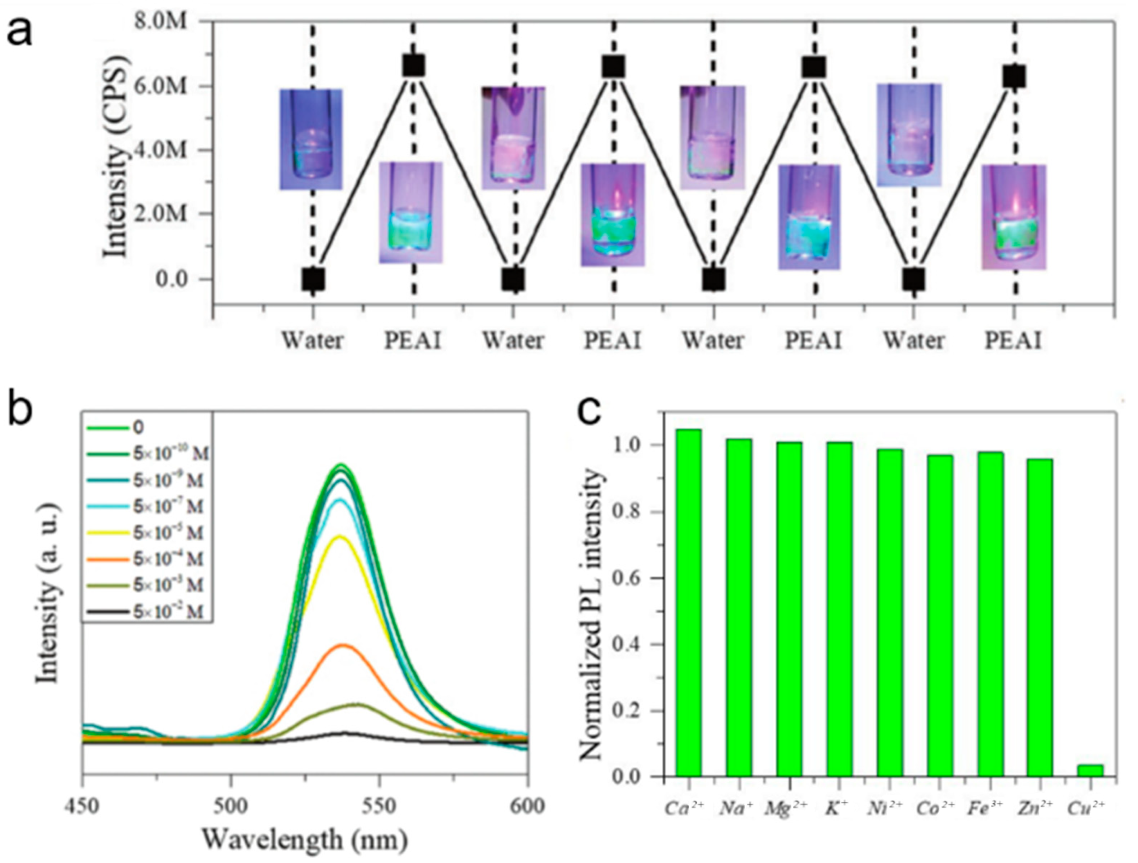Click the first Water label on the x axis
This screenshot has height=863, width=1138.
pos(312,341)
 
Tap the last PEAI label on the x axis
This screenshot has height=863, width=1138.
pos(1013,341)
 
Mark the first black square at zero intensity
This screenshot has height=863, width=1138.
pos(313,280)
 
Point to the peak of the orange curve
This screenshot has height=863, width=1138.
pos(343,645)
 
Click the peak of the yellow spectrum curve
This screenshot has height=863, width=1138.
pos(339,536)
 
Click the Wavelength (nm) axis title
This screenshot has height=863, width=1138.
pos(305,840)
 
